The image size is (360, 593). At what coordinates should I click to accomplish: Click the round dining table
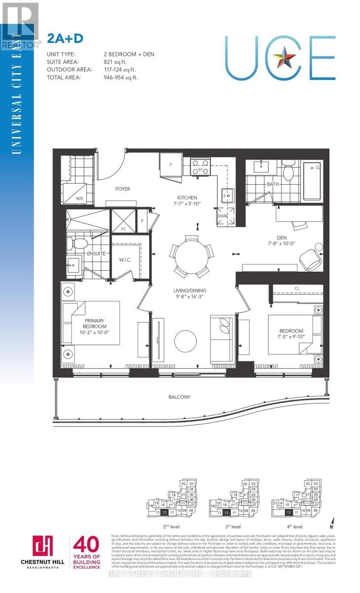pos(193,256)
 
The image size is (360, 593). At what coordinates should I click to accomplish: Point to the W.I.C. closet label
pos(124,260)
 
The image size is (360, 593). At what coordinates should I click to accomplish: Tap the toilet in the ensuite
pos(77,243)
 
